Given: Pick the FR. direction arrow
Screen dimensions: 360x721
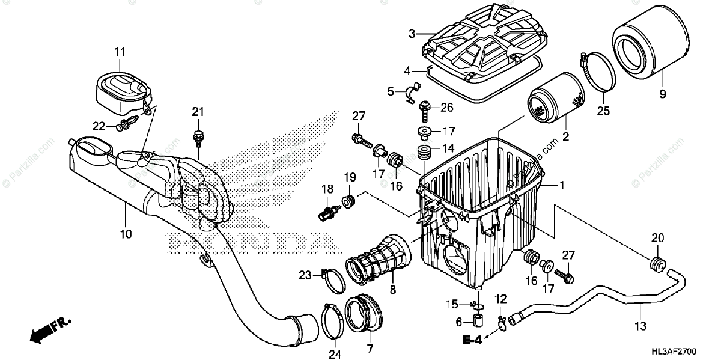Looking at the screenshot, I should click(48, 329).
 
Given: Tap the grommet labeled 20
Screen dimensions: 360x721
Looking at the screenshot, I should click(658, 263).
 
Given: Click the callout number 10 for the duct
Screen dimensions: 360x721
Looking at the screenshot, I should click(126, 233).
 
